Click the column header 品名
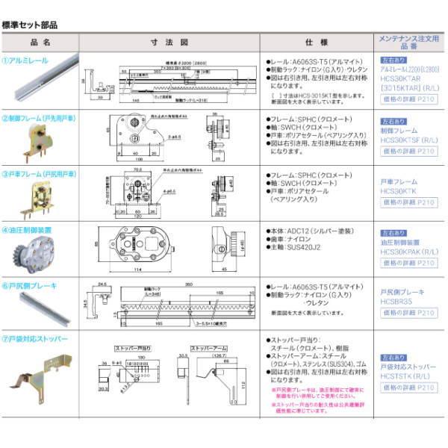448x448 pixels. tap(41, 43)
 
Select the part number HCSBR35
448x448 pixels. tap(396, 301)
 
